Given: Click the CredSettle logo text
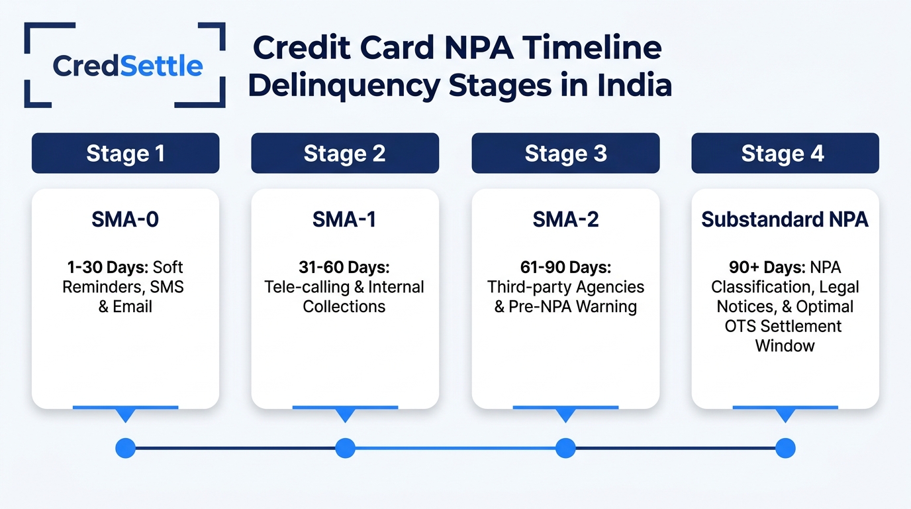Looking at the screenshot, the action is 127,66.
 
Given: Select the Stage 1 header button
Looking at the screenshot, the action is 126,153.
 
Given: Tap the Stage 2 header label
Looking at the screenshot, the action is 345,153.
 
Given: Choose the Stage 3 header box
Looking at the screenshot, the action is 565,153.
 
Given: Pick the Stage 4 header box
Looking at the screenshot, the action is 785,153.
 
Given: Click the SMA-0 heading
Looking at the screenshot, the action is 125,219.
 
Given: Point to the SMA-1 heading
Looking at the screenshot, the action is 344,219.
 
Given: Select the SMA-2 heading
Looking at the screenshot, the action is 565,219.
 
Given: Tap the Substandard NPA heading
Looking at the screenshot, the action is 785,219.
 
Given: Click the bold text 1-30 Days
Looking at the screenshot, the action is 108,268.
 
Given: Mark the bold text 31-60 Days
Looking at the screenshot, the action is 344,268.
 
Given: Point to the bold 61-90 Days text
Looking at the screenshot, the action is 565,268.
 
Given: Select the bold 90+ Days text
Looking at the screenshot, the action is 767,268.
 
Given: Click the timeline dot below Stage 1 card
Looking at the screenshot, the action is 126,448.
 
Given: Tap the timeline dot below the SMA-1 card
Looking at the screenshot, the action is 346,448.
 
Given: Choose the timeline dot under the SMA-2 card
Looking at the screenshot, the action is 565,448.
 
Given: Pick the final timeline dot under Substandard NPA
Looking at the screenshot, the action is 785,448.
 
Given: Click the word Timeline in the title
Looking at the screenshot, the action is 592,48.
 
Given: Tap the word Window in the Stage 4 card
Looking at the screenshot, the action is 785,346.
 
